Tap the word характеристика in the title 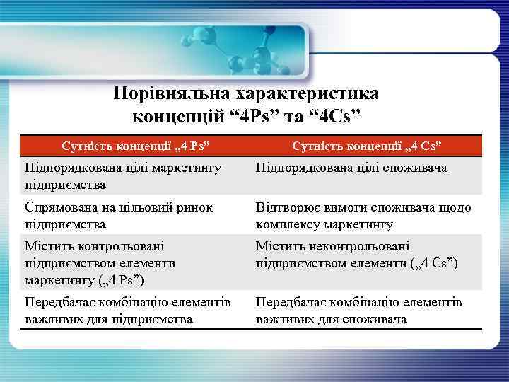point(311,94)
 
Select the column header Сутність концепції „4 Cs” point(367,146)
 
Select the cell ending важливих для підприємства point(127,311)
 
